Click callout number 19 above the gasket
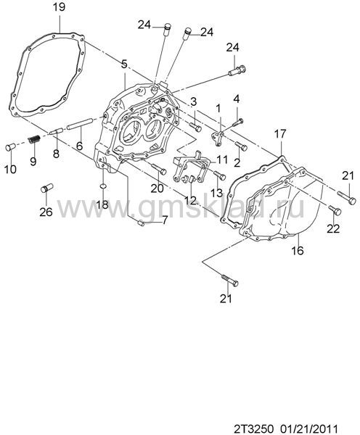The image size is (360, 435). tap(60, 7)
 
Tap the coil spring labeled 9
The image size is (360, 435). tap(35, 138)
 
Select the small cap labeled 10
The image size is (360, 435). tap(10, 147)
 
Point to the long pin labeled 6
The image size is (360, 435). tap(80, 123)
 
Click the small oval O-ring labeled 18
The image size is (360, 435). tap(102, 186)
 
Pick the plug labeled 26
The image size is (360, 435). tap(46, 188)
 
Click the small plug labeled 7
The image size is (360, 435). tap(141, 223)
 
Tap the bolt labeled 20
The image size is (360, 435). tap(160, 169)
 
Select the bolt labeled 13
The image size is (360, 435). tap(220, 175)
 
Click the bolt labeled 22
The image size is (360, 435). tap(335, 210)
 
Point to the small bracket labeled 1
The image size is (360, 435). tap(218, 138)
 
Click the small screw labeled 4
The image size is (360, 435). tap(238, 122)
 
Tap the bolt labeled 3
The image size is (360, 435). tap(196, 128)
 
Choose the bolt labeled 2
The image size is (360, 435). tap(242, 146)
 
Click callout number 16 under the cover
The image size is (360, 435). tap(298, 251)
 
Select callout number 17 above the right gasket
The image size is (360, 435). tap(280, 134)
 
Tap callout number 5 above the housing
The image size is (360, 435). tap(124, 64)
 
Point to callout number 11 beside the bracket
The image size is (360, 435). tap(222, 159)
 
